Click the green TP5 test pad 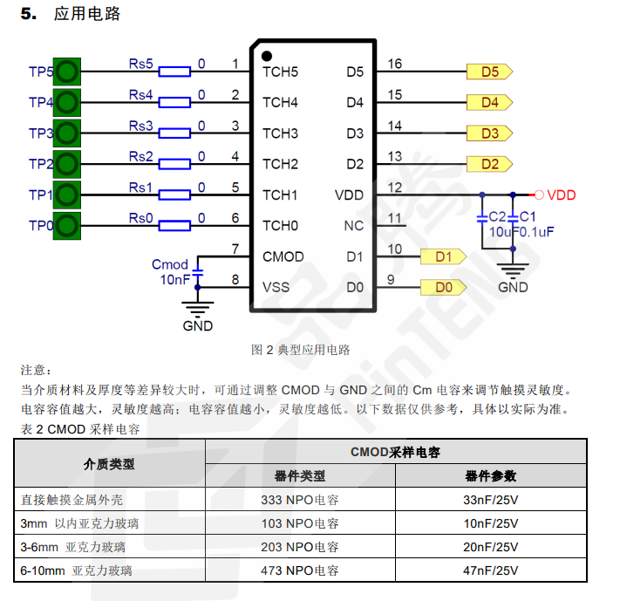(x=68, y=72)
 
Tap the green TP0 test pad (x=68, y=225)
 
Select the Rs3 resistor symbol (x=175, y=133)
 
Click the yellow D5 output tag (x=489, y=72)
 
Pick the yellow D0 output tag (x=443, y=287)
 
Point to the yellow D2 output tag (x=489, y=164)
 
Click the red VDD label (x=561, y=195)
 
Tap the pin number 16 (x=395, y=64)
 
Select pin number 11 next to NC (x=395, y=218)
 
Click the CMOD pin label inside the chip (x=283, y=256)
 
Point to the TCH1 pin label (x=280, y=195)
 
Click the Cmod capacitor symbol (x=198, y=271)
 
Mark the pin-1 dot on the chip (x=266, y=56)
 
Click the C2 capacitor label (x=496, y=215)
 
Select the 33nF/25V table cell (x=490, y=501)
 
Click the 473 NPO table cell (x=299, y=570)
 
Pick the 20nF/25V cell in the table (x=490, y=547)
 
